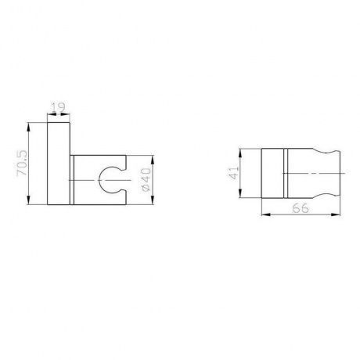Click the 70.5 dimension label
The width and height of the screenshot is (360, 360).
tap(22, 163)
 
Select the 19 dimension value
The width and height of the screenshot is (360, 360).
tap(59, 107)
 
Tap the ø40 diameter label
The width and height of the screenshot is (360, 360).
tap(146, 180)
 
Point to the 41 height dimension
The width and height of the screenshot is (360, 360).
tap(234, 173)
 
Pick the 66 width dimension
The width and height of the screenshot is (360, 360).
tap(301, 208)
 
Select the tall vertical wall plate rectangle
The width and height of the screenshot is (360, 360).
tap(59, 163)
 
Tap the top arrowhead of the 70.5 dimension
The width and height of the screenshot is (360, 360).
tap(29, 127)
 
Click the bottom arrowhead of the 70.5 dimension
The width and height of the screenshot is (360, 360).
tap(29, 200)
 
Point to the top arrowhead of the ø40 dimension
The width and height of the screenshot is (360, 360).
tap(153, 160)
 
